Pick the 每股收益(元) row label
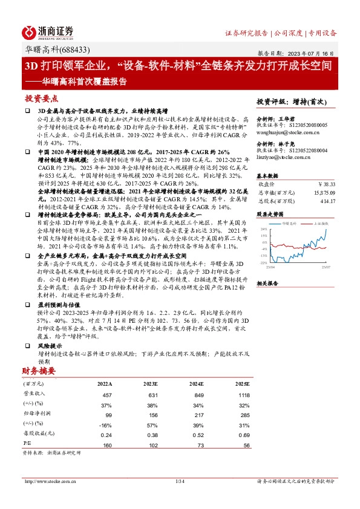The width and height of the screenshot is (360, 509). [x=38, y=435]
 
